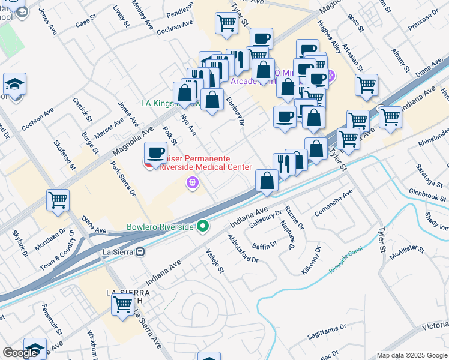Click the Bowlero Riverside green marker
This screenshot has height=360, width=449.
pyautogui.click(x=203, y=226)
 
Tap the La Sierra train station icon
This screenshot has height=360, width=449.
pyautogui.click(x=140, y=252)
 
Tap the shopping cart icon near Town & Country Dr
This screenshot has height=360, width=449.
pyautogui.click(x=58, y=200)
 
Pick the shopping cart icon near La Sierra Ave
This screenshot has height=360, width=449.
pyautogui.click(x=122, y=304)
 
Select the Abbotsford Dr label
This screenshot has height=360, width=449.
pyautogui.click(x=243, y=248)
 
